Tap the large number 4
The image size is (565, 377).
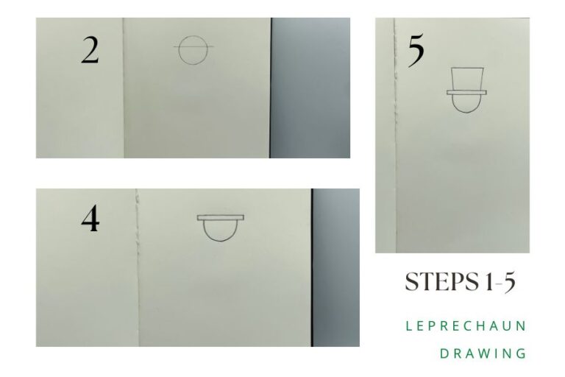click(90, 219)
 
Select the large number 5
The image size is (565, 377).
click(416, 52)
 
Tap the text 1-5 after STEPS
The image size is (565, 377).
click(500, 281)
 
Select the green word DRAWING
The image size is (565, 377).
click(483, 353)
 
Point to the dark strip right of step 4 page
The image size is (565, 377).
click(335, 267)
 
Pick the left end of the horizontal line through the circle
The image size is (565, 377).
click(175, 49)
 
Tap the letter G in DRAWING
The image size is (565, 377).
click(523, 353)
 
